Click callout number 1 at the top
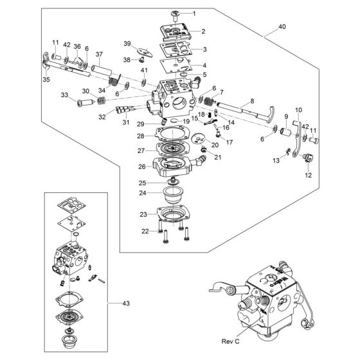195,13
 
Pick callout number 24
143,192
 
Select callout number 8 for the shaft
251,101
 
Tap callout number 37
99,54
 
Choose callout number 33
64,95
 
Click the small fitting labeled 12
307,157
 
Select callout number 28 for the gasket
139,136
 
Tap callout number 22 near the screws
145,231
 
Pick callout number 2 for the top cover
203,31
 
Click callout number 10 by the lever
298,109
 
